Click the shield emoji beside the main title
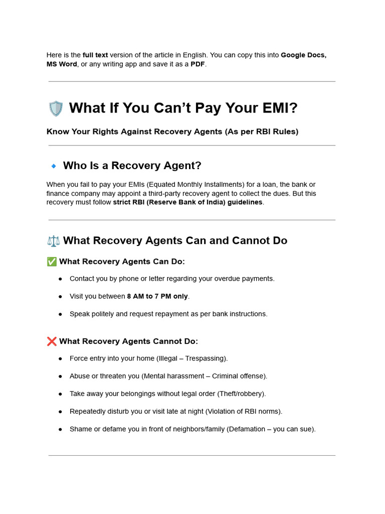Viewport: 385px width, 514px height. (x=56, y=108)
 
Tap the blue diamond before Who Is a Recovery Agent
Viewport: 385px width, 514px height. (x=54, y=166)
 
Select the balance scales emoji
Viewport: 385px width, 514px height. (x=53, y=241)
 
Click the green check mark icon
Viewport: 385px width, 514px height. (x=52, y=262)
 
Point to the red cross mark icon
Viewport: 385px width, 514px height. (x=52, y=341)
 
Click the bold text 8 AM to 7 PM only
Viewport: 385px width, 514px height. (x=157, y=296)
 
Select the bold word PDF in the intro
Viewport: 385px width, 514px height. (x=198, y=64)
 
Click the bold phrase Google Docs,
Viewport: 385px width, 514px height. (x=303, y=55)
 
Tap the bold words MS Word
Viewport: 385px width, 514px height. (x=62, y=64)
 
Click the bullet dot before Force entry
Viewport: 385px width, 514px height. (x=60, y=358)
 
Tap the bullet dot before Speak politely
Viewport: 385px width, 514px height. (x=60, y=314)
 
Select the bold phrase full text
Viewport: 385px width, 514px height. (x=95, y=55)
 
